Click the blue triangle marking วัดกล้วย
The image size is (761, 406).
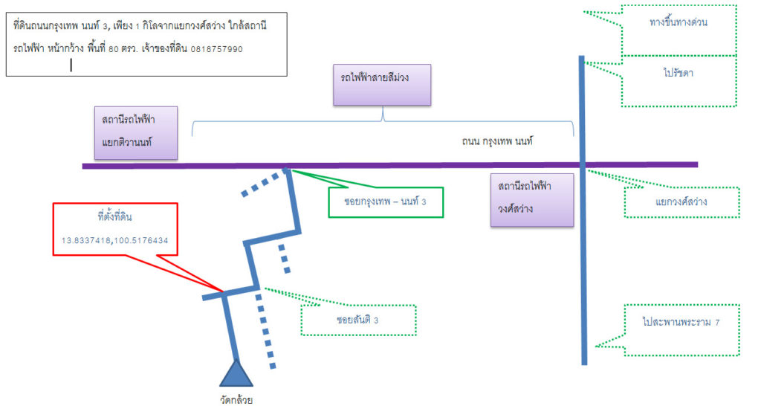236,375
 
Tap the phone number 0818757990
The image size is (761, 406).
216,49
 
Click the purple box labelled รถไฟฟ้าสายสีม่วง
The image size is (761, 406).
382,85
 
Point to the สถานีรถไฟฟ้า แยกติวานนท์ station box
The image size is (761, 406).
136,132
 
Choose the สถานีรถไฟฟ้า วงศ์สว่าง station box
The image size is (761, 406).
532,199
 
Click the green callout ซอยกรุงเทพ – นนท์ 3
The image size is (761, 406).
386,202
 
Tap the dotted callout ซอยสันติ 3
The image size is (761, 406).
358,320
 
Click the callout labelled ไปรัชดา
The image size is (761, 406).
679,80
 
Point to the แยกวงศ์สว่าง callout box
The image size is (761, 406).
681,202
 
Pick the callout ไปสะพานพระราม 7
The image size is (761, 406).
681,330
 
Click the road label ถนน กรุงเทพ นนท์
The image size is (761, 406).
497,141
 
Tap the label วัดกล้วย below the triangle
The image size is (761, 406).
236,400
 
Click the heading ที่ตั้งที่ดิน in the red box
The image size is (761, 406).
114,217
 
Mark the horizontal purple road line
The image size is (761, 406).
389,166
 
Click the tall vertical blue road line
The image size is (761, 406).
583,210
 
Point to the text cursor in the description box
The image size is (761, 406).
71,65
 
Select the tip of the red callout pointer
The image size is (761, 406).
223,291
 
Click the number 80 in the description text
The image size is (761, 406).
114,49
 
